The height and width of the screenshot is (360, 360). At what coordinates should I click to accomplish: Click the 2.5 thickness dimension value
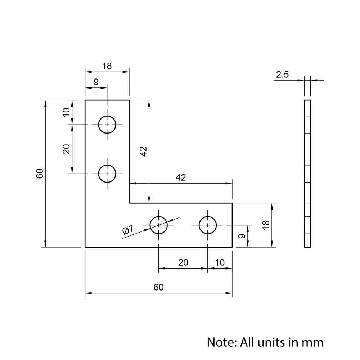(282, 75)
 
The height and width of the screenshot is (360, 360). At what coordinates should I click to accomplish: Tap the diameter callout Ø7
(128, 230)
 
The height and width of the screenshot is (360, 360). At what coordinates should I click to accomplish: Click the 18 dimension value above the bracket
(107, 66)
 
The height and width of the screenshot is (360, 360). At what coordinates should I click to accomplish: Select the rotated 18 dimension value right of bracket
(266, 225)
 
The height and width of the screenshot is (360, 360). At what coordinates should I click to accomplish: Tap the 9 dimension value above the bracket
(96, 82)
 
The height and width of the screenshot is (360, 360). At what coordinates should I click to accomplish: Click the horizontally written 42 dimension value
(181, 177)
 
